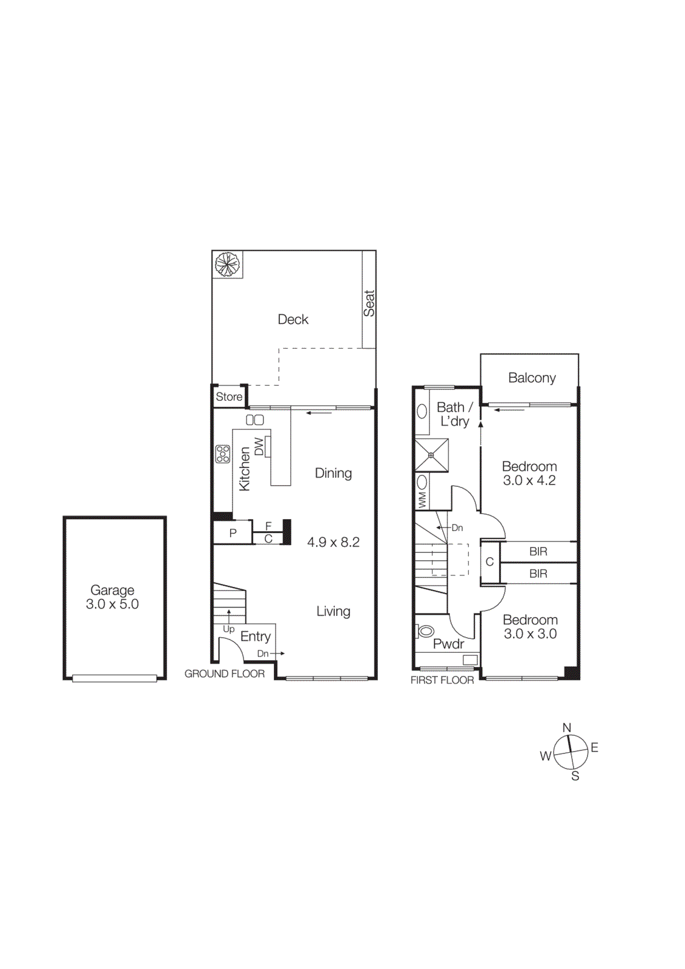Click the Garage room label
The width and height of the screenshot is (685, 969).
[112, 590]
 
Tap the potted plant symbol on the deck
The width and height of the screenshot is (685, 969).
[227, 264]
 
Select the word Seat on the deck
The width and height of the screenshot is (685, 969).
[369, 303]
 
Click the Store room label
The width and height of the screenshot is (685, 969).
[229, 397]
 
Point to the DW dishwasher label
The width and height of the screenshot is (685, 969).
[259, 446]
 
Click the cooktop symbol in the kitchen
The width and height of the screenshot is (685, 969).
[223, 454]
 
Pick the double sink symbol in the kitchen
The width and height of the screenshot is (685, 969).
[255, 420]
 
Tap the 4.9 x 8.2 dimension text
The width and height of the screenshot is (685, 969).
[333, 542]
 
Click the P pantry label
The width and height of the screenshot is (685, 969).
[233, 534]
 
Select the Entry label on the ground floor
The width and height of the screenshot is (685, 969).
[256, 637]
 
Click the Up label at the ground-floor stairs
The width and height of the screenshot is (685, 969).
[228, 629]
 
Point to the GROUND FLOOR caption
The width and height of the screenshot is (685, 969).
[225, 673]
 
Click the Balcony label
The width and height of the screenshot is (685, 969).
[532, 378]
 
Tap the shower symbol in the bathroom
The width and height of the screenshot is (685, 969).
[431, 455]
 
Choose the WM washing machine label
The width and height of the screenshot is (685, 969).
[422, 500]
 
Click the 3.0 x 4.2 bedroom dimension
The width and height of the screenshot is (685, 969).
[529, 481]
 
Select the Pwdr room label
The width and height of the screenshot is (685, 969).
[449, 644]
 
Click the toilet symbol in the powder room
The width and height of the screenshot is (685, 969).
[426, 631]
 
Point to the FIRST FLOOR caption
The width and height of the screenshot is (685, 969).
[442, 680]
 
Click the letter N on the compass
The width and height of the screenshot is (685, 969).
[567, 728]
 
